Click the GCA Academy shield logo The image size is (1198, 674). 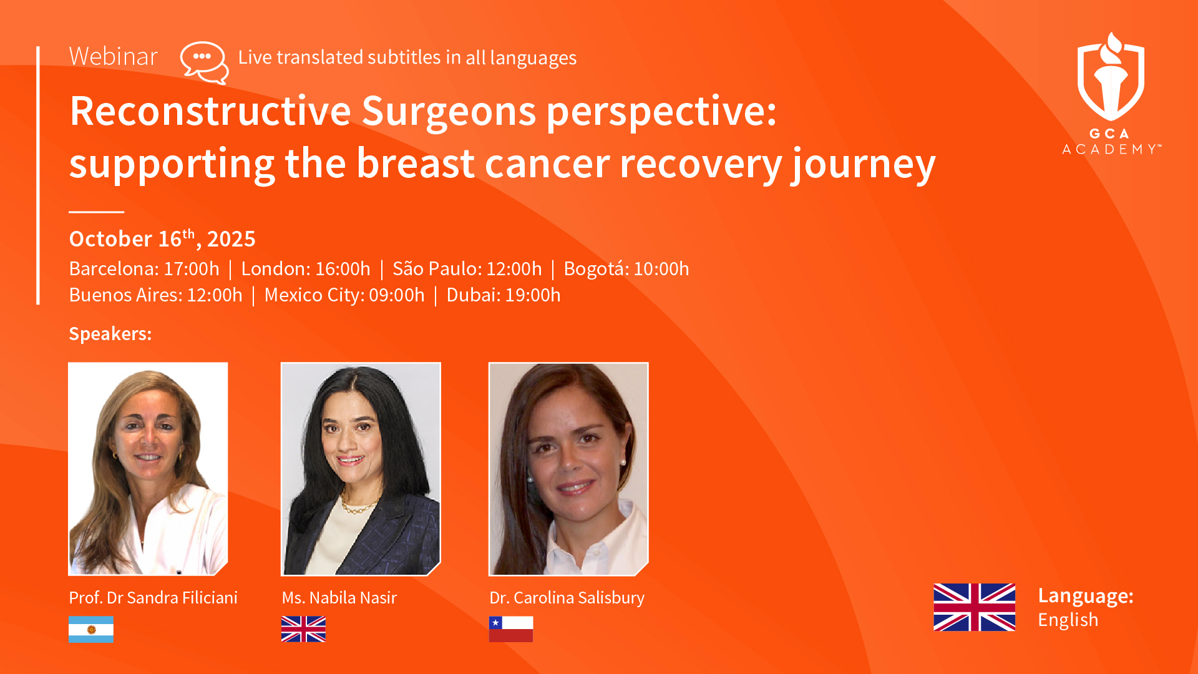click(1111, 77)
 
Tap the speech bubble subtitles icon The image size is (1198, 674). click(205, 62)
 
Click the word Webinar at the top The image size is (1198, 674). click(113, 57)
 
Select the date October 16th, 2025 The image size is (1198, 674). click(162, 238)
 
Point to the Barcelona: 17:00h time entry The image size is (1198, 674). click(144, 269)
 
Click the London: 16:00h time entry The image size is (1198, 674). click(306, 269)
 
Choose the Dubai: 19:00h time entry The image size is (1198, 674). click(504, 295)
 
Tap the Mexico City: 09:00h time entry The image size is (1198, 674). click(344, 295)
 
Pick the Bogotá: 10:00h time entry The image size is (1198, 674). click(626, 269)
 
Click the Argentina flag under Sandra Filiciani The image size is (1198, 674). click(91, 629)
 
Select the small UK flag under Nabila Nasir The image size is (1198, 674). click(303, 629)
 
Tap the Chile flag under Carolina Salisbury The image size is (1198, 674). click(511, 629)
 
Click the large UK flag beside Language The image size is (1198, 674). click(974, 607)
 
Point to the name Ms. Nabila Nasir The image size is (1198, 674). click(339, 598)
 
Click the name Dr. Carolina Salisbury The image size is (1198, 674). click(567, 598)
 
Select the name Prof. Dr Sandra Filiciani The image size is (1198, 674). click(153, 598)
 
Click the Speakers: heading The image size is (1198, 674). click(110, 334)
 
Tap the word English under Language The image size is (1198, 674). click(1068, 620)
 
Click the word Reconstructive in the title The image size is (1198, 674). click(210, 111)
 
